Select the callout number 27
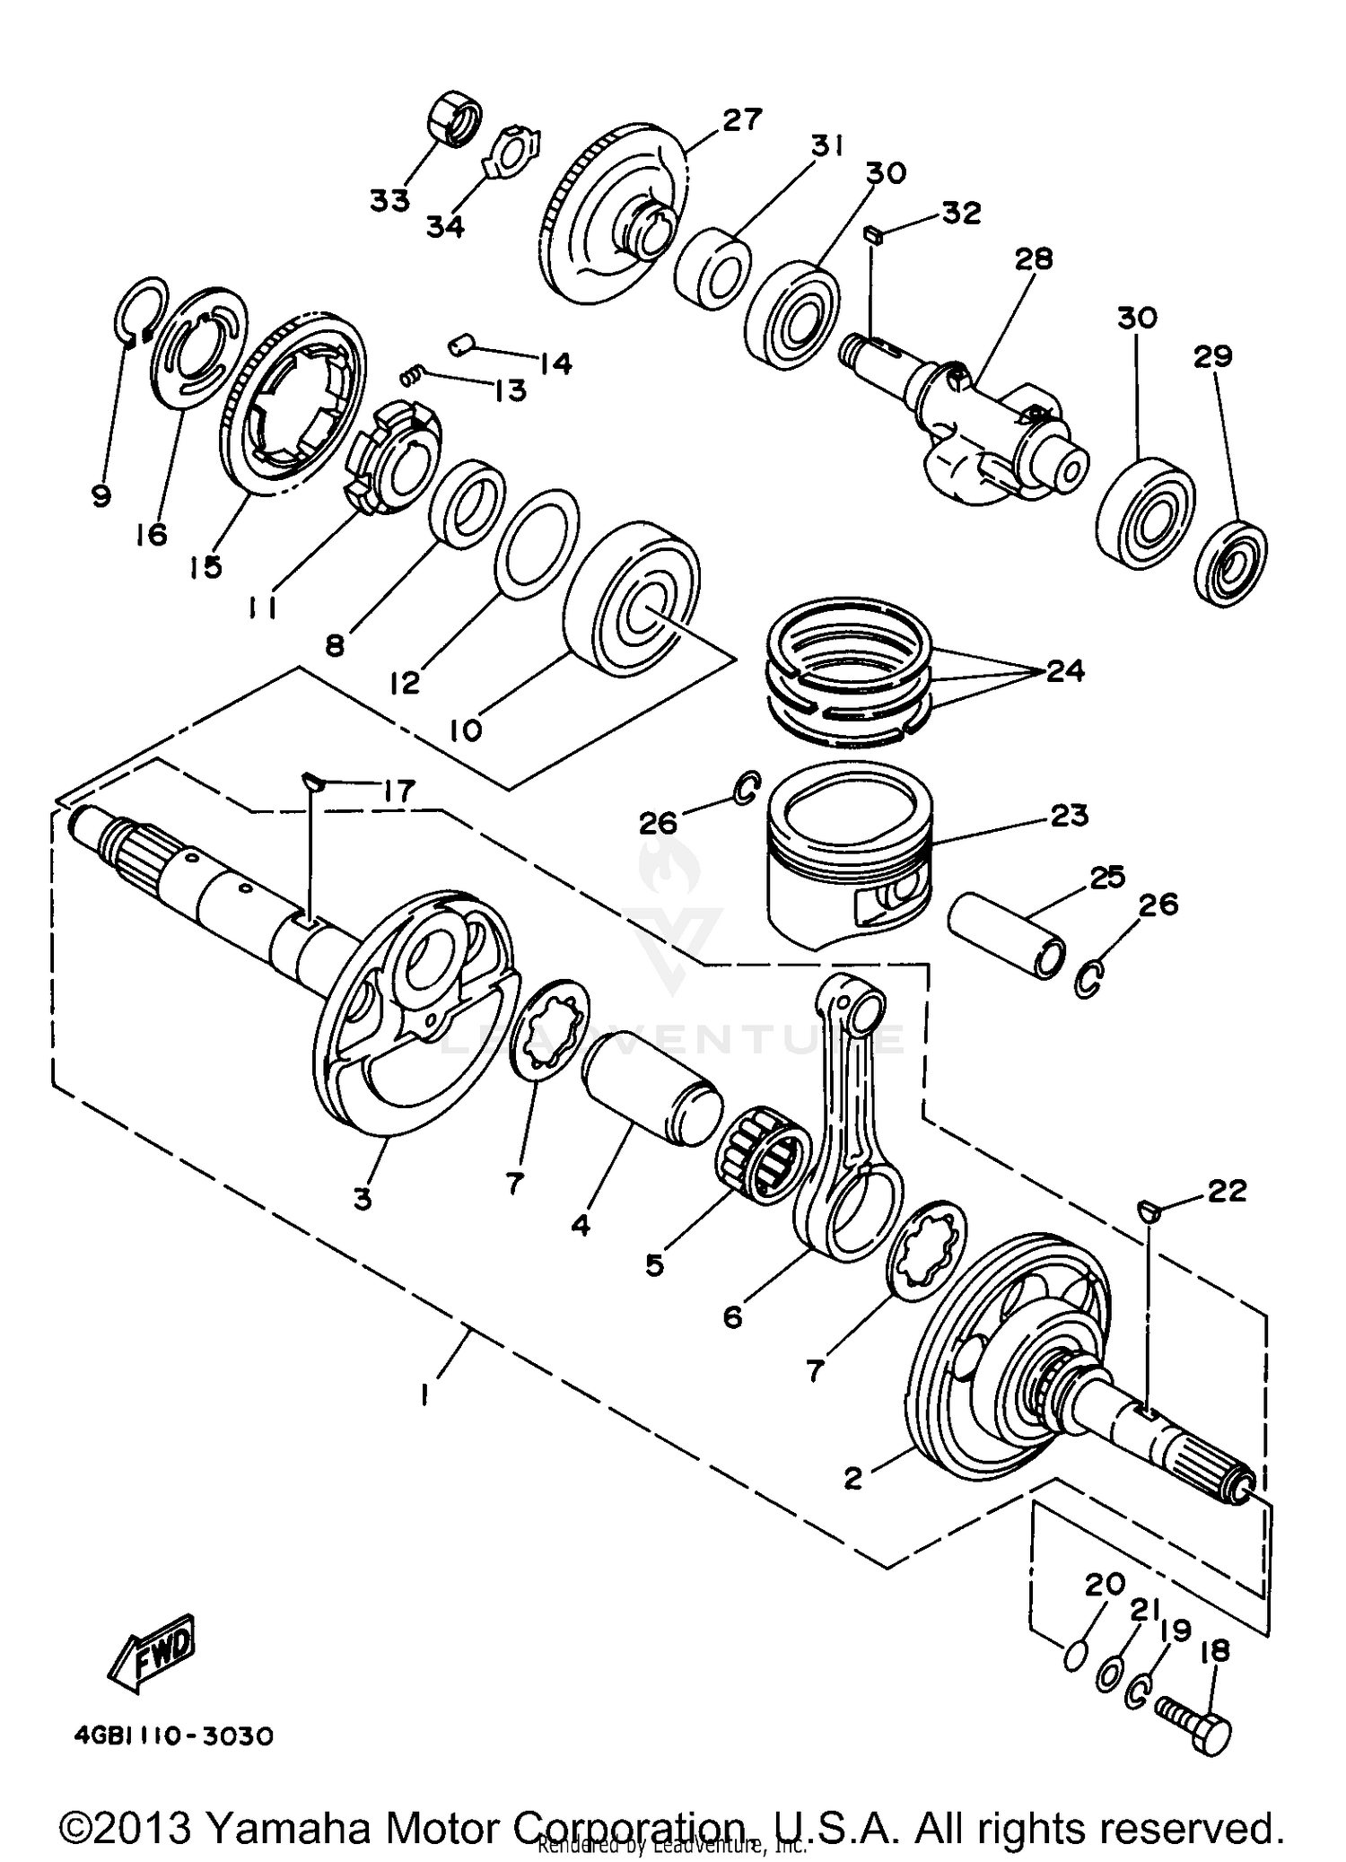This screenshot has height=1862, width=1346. pos(742,119)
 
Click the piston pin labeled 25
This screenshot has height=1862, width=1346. pos(1008,945)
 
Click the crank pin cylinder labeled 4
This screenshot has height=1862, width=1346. pos(652,1088)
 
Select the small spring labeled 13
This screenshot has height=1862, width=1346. pos(412,375)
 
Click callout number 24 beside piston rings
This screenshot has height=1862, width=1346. pos(1065,670)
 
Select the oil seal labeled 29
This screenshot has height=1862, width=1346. pos(1231,562)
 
